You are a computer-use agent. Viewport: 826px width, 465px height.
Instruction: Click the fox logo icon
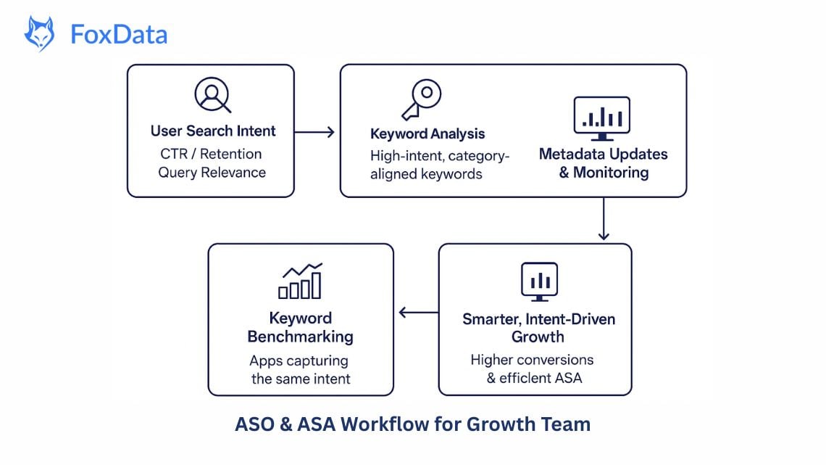tap(39, 34)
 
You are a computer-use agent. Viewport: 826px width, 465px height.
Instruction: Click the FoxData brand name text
tap(119, 34)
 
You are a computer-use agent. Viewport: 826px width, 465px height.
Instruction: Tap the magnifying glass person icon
tap(212, 95)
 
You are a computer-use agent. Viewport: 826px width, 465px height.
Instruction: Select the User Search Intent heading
tap(213, 131)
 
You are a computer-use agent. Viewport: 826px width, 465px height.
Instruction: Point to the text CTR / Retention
tap(211, 154)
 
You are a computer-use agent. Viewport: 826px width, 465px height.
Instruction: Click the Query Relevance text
tap(212, 173)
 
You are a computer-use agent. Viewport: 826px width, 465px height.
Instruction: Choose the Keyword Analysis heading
tap(427, 134)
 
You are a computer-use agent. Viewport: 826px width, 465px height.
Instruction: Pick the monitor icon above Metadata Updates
tap(602, 118)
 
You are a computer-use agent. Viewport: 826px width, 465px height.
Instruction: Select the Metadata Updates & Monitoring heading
tap(604, 163)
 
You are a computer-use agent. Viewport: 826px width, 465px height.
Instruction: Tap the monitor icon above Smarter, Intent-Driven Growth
tap(540, 281)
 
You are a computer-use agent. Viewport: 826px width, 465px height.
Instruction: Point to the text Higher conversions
tap(532, 360)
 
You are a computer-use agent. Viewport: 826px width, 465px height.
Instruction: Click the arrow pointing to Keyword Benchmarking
tap(417, 313)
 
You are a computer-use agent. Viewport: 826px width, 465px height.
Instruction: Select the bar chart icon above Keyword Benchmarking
tap(301, 281)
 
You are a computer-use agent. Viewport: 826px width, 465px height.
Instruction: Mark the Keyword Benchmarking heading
tap(300, 327)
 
